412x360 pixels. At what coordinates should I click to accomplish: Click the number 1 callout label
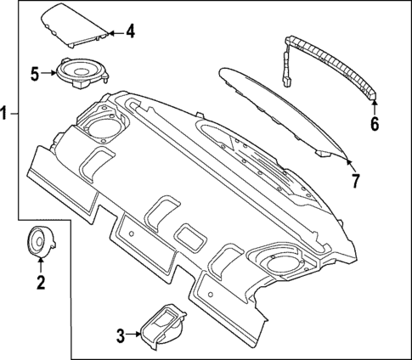click(x=7, y=113)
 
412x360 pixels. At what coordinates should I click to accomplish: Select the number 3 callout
click(x=121, y=335)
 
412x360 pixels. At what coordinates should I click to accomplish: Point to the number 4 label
click(x=129, y=32)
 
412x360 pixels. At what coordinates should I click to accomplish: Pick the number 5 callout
click(x=35, y=74)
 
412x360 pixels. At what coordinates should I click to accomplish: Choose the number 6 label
click(x=375, y=122)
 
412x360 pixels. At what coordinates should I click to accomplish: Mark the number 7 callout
click(x=356, y=179)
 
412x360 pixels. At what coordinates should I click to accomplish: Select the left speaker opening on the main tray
click(x=103, y=130)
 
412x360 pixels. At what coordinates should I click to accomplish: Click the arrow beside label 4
click(x=115, y=33)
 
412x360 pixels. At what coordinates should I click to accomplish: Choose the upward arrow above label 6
click(x=375, y=105)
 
